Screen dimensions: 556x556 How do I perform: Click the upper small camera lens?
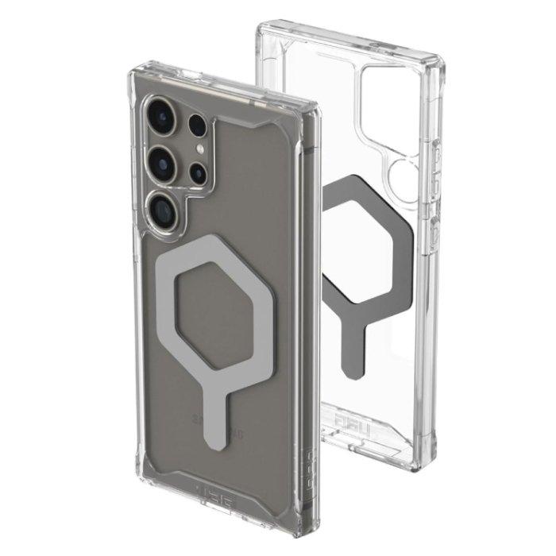196,127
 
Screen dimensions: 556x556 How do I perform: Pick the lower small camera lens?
198,172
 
